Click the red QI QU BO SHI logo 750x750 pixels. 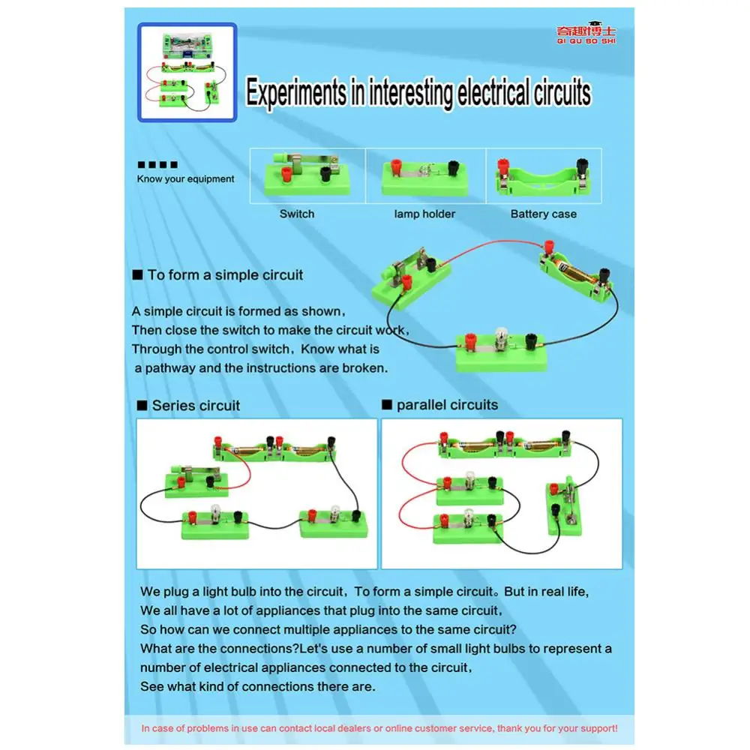[x=586, y=34]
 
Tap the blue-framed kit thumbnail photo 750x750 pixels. [x=187, y=72]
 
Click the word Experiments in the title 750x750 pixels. [x=296, y=92]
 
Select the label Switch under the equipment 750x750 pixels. [x=297, y=214]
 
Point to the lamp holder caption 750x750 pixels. [x=424, y=214]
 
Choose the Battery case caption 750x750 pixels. [x=543, y=214]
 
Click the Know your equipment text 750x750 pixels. [x=185, y=179]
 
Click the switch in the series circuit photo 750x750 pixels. [x=196, y=481]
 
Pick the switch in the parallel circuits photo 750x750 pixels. [x=565, y=506]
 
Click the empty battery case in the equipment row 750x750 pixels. [x=544, y=178]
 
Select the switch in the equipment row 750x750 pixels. [x=307, y=175]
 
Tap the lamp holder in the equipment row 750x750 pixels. [x=424, y=178]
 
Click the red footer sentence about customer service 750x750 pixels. [x=379, y=728]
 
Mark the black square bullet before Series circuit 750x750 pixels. [x=142, y=406]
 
